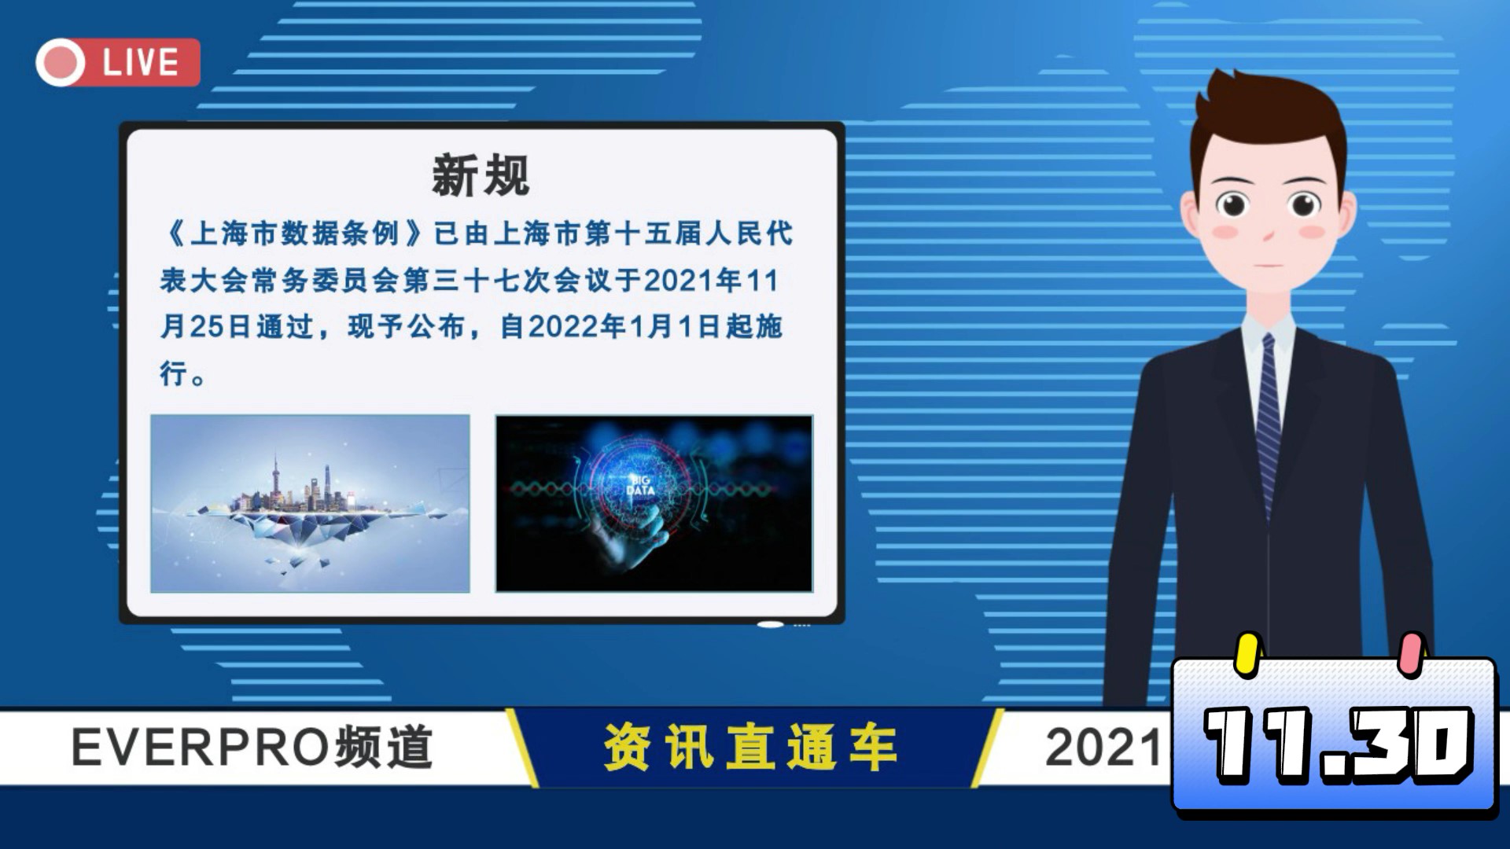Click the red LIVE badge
(118, 62)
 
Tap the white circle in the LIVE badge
(61, 63)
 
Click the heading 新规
(481, 175)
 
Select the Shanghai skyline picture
(310, 503)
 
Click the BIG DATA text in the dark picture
(640, 485)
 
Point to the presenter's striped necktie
(1268, 424)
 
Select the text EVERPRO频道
(252, 747)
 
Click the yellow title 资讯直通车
(751, 747)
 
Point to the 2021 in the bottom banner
(1103, 747)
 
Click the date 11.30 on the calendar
(1338, 744)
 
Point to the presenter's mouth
(1268, 266)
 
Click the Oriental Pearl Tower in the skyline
(276, 480)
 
